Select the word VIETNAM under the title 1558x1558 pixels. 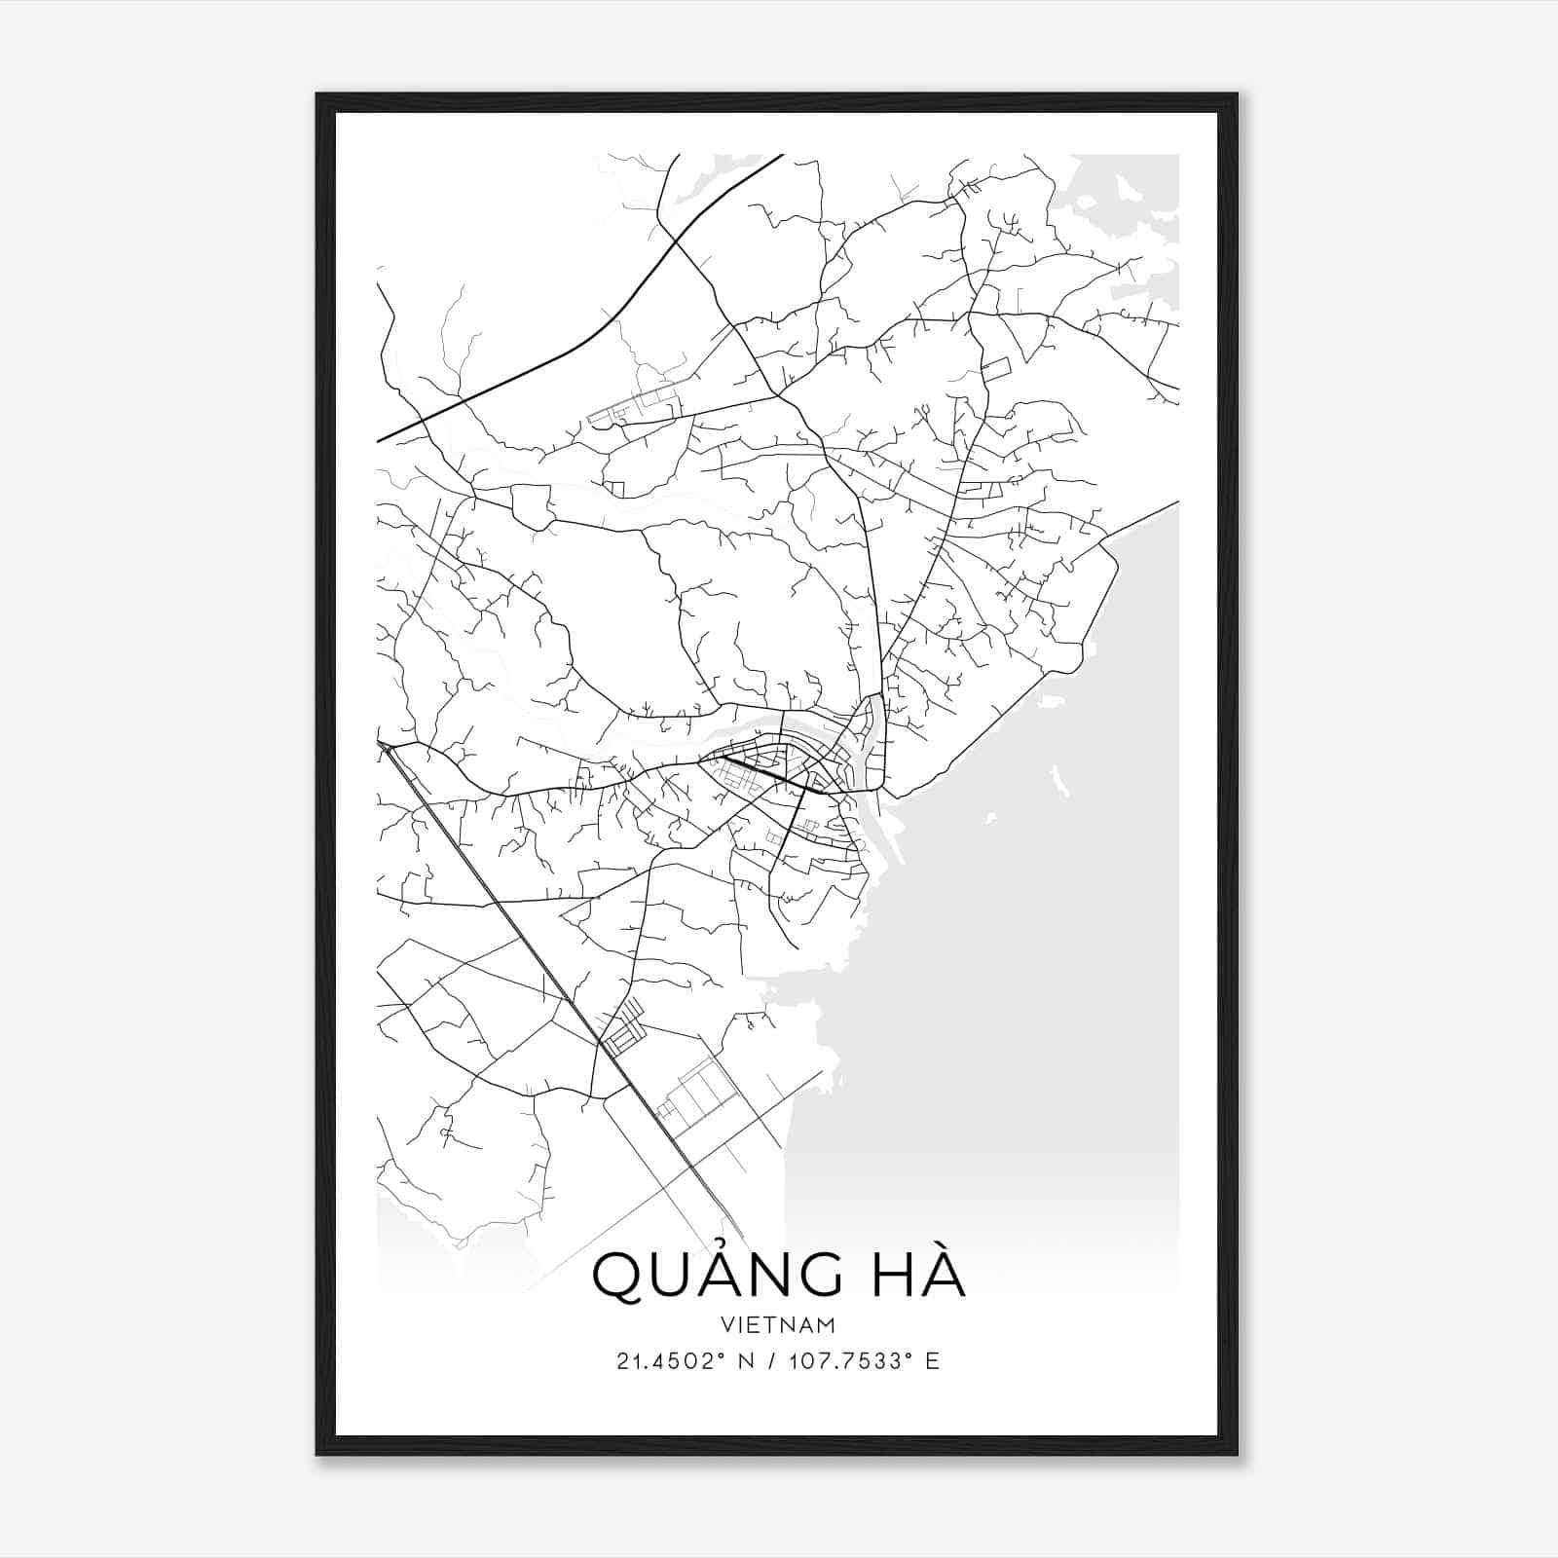tap(779, 1325)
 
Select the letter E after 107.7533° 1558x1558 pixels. tap(933, 1361)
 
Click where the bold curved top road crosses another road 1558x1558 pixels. tap(674, 239)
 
